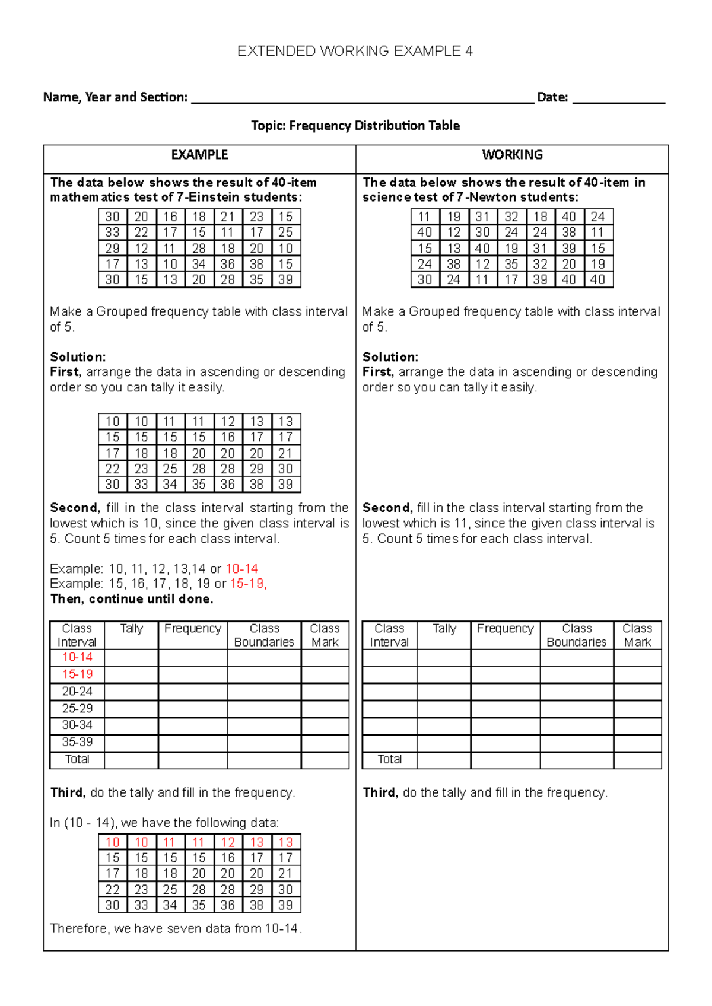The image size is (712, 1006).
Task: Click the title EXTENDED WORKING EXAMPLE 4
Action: (355, 51)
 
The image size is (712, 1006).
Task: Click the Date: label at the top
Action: (552, 97)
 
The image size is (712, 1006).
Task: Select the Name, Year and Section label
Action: (115, 97)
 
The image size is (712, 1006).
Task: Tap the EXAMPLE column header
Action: (199, 155)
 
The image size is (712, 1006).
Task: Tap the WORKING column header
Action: (512, 155)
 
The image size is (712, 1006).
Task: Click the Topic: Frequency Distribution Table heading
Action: (355, 126)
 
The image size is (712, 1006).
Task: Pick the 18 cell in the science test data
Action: (540, 217)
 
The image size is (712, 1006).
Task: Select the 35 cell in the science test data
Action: (511, 264)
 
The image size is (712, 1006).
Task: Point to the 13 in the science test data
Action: (454, 249)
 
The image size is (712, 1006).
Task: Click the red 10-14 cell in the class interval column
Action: (77, 657)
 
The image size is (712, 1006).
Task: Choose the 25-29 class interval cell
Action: (77, 708)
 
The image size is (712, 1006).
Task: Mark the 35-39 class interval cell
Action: (77, 742)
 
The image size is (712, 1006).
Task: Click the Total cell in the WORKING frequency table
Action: (390, 759)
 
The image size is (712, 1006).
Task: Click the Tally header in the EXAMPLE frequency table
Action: (131, 629)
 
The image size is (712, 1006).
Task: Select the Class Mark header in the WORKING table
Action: (637, 635)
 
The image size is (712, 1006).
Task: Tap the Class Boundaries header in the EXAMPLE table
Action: (264, 635)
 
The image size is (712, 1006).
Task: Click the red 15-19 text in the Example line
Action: (247, 584)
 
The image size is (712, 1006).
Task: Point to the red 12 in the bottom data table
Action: (228, 842)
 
